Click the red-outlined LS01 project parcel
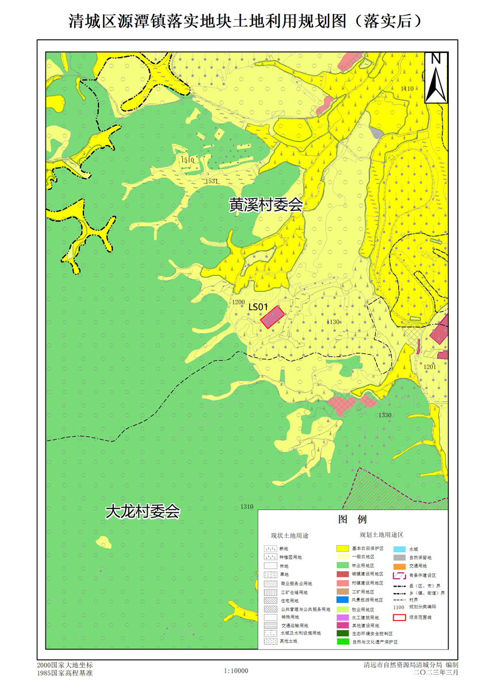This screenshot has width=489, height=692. pyautogui.click(x=273, y=317)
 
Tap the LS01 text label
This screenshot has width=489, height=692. pyautogui.click(x=258, y=306)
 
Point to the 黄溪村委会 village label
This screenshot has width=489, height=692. pyautogui.click(x=265, y=205)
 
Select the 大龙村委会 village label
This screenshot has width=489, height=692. pyautogui.click(x=143, y=512)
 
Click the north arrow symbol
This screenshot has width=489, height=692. pyautogui.click(x=436, y=77)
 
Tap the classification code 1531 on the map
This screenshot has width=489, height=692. pyautogui.click(x=212, y=181)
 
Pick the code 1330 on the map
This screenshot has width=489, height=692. pyautogui.click(x=385, y=415)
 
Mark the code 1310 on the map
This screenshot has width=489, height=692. pyautogui.click(x=247, y=507)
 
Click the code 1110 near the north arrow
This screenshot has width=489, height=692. pyautogui.click(x=407, y=89)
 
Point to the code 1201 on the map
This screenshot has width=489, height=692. pyautogui.click(x=430, y=367)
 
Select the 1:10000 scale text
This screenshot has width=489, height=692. pyautogui.click(x=236, y=670)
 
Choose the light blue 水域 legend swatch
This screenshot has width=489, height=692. pyautogui.click(x=399, y=549)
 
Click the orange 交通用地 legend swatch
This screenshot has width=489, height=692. pyautogui.click(x=399, y=566)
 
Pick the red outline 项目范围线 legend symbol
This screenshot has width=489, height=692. pyautogui.click(x=399, y=618)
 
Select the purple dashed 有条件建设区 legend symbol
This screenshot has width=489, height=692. pyautogui.click(x=399, y=575)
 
